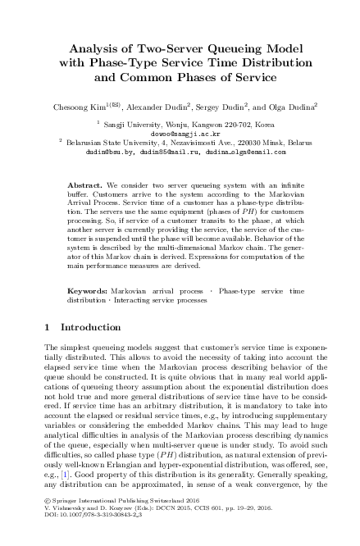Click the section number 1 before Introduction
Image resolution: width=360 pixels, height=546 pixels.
47,328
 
